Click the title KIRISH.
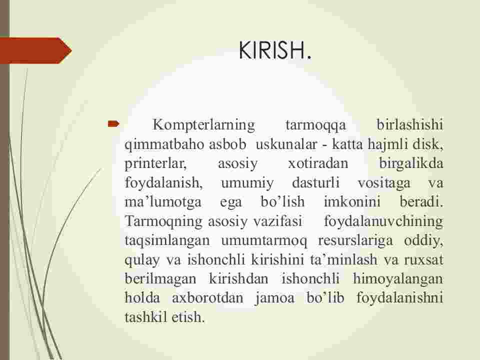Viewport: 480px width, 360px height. (x=274, y=50)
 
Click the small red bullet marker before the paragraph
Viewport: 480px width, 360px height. (x=113, y=124)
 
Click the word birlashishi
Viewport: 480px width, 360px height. (x=410, y=124)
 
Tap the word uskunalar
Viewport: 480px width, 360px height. (x=286, y=144)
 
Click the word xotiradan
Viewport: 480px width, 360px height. (x=318, y=163)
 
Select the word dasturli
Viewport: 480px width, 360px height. (x=316, y=183)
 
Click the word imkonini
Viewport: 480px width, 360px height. (x=352, y=201)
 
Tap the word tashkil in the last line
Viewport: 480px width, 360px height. (x=145, y=317)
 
